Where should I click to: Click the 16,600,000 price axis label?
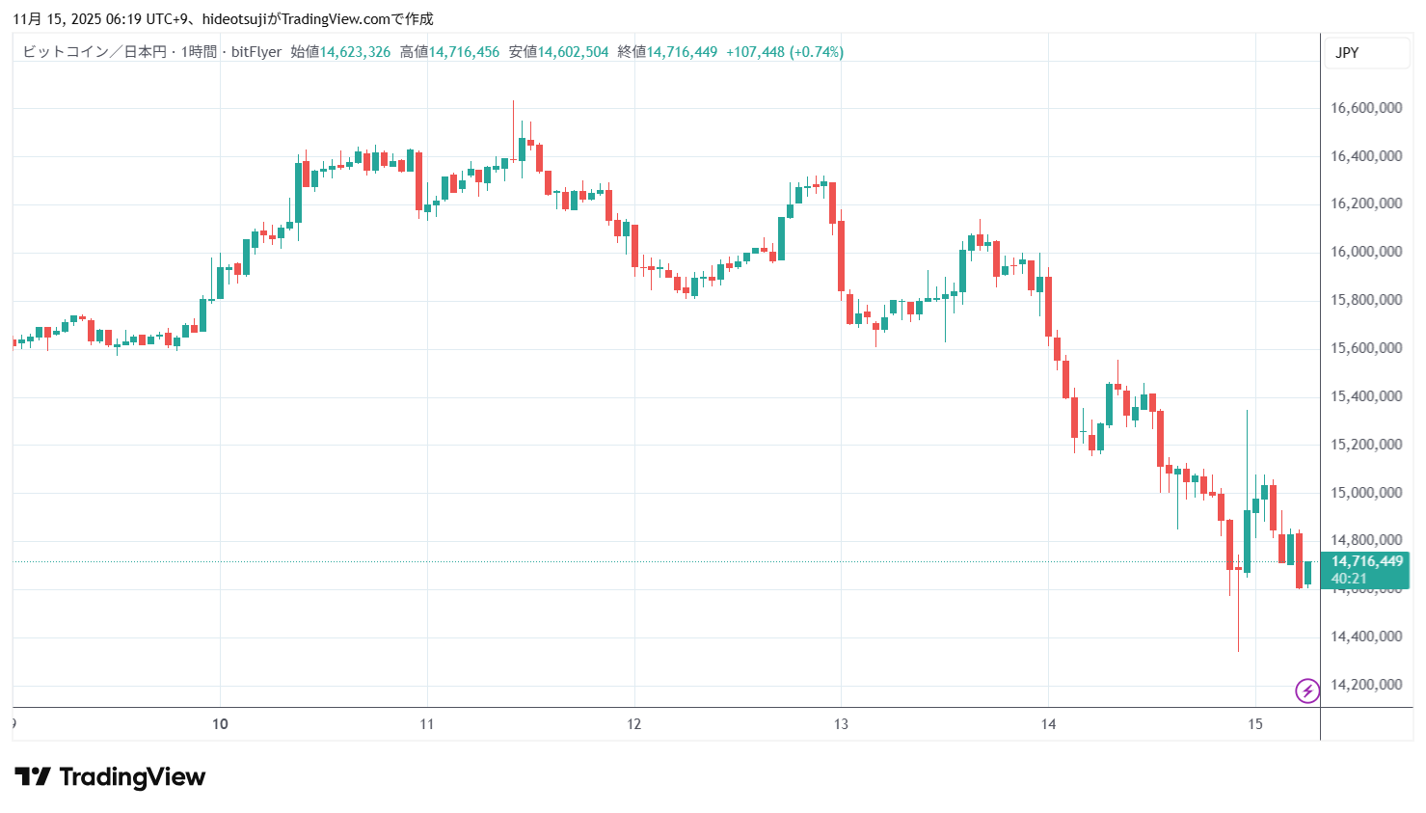point(1365,108)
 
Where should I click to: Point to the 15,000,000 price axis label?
point(1365,493)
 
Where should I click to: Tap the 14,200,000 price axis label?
point(1365,685)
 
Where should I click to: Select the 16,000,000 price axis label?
point(1365,252)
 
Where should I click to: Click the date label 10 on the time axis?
point(220,724)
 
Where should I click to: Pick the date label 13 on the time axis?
point(841,724)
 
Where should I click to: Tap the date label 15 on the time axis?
point(1254,724)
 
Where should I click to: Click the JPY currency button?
point(1347,53)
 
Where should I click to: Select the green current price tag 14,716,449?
point(1366,561)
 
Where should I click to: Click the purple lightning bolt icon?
point(1307,691)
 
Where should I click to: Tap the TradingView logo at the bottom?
point(110,777)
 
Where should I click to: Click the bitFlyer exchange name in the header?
point(256,52)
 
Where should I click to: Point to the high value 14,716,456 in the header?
point(464,52)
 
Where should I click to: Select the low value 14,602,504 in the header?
point(573,52)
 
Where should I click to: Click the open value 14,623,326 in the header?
point(355,52)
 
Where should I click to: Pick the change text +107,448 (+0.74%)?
point(784,52)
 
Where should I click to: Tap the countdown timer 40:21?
point(1349,579)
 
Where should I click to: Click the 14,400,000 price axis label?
point(1365,637)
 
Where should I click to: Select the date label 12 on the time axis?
point(633,724)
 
